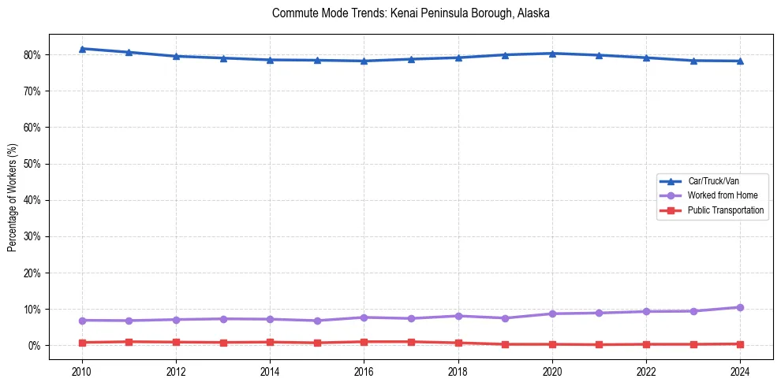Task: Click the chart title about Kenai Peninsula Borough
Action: click(410, 13)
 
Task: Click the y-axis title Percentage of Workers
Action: click(12, 198)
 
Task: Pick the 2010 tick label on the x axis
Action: click(81, 370)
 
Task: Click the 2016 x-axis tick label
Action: click(364, 370)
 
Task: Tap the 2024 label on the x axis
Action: click(740, 370)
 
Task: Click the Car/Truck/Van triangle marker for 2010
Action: click(81, 49)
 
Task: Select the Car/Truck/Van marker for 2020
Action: click(552, 54)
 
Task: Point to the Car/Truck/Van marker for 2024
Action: click(740, 61)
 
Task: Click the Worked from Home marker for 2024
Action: click(740, 307)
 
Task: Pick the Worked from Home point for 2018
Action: click(458, 316)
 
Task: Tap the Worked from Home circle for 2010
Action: click(81, 321)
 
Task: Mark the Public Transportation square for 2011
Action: click(129, 342)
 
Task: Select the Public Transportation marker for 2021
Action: click(599, 344)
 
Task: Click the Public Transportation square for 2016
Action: click(364, 342)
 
